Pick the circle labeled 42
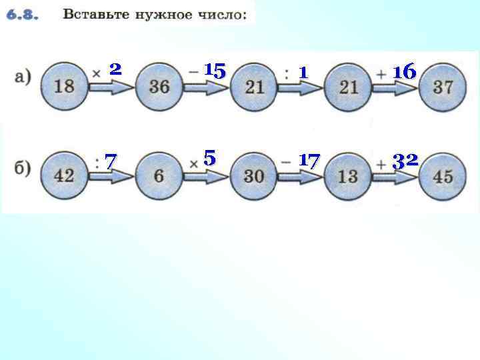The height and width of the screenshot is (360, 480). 64,176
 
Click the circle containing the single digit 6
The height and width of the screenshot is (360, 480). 159,176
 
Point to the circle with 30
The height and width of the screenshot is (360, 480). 254,176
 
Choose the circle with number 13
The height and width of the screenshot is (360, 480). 349,176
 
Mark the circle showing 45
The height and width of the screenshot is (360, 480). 443,176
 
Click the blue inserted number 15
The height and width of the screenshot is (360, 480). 215,69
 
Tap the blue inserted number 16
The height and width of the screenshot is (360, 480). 405,70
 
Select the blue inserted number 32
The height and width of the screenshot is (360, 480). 405,160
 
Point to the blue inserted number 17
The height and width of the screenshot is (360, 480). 309,160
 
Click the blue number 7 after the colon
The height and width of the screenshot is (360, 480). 111,161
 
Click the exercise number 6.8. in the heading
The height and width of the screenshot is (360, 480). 23,14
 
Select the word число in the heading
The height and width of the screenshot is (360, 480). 227,14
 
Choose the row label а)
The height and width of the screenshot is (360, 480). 22,78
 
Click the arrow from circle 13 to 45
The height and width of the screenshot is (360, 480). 397,177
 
